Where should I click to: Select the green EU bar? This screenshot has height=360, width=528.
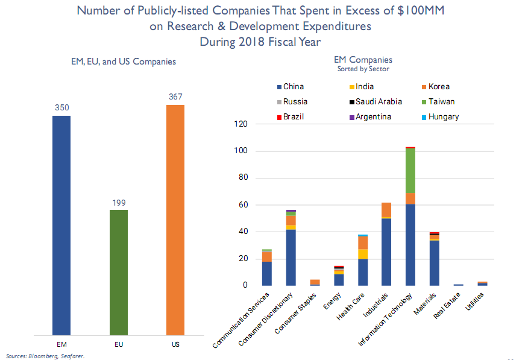click(x=119, y=271)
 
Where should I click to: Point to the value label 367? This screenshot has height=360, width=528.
click(x=175, y=97)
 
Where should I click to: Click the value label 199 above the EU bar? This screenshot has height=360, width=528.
click(x=119, y=203)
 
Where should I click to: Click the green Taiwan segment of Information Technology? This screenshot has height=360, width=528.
click(x=410, y=171)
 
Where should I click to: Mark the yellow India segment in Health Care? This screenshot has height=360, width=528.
click(x=363, y=254)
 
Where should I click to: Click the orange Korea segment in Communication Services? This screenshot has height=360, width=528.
click(x=267, y=256)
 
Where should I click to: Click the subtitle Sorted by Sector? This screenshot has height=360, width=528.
click(x=363, y=69)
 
